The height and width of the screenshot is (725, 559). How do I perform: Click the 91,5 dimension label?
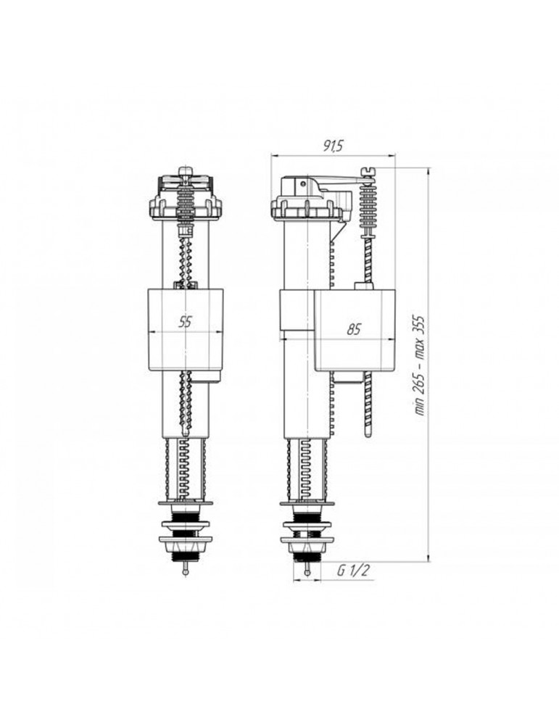click(333, 146)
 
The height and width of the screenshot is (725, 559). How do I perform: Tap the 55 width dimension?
click(185, 322)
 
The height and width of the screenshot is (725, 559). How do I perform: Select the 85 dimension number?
click(354, 330)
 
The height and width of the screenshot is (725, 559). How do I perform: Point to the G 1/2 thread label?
click(353, 571)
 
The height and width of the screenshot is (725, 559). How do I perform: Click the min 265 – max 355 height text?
click(421, 365)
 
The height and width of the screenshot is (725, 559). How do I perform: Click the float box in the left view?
click(185, 330)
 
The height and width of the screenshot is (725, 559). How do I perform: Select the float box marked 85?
click(355, 330)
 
